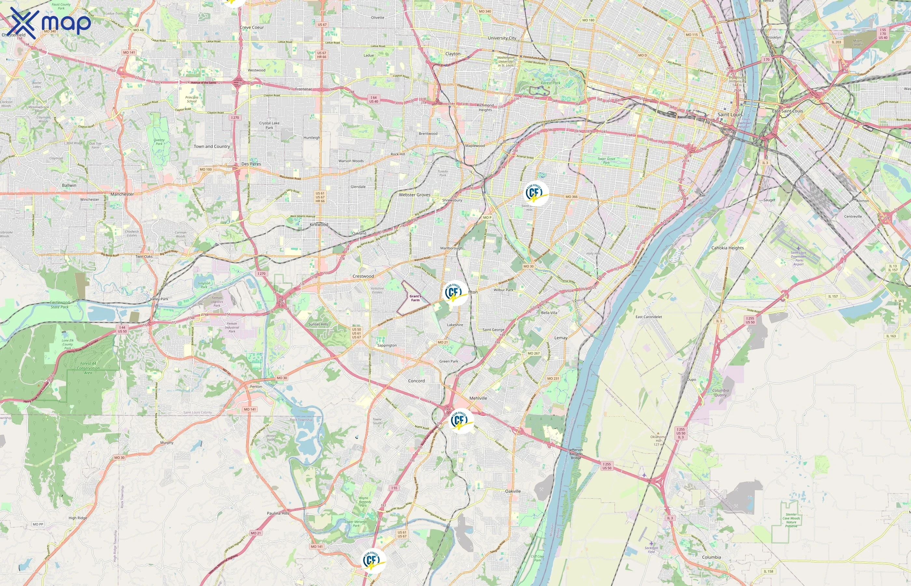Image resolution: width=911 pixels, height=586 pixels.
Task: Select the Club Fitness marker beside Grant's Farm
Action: click(x=455, y=293)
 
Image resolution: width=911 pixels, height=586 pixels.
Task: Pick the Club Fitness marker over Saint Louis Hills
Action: click(x=536, y=193)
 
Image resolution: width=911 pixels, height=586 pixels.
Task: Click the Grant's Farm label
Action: click(x=415, y=298)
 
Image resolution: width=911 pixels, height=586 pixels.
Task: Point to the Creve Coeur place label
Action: click(x=252, y=27)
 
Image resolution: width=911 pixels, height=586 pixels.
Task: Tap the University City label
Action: click(x=502, y=38)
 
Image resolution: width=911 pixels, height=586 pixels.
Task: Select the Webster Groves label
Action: click(x=415, y=195)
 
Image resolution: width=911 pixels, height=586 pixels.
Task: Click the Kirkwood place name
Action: click(x=319, y=225)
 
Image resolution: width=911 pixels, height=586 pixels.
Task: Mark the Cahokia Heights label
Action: click(x=727, y=248)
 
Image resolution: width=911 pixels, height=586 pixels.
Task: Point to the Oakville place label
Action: click(x=513, y=491)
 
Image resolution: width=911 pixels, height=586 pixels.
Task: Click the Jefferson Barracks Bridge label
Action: click(x=576, y=453)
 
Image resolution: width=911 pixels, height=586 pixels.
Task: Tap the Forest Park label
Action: click(x=551, y=83)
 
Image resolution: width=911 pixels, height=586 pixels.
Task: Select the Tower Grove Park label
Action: click(x=606, y=160)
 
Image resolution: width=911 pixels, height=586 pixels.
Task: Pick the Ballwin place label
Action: click(x=69, y=185)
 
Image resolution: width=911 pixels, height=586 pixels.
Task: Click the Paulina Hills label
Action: click(x=278, y=513)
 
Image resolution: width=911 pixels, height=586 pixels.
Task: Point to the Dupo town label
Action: click(x=691, y=379)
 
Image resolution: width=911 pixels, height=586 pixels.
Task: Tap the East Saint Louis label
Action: click(x=787, y=111)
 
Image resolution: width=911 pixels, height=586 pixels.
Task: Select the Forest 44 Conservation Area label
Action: click(x=88, y=368)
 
